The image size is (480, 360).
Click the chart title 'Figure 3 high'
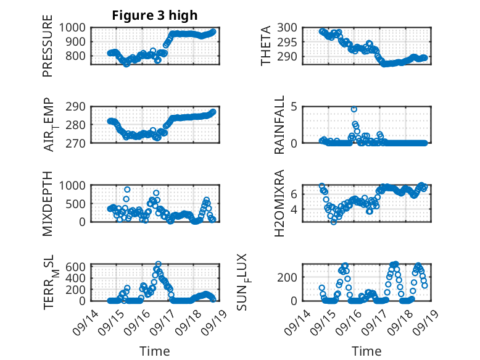pyautogui.click(x=154, y=15)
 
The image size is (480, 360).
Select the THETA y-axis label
pyautogui.click(x=266, y=46)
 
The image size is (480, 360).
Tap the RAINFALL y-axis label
pyautogui.click(x=279, y=124)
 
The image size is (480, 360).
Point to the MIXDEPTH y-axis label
pyautogui.click(x=48, y=203)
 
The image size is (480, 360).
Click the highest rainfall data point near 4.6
pyautogui.click(x=354, y=109)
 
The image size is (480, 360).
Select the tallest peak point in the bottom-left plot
pyautogui.click(x=158, y=264)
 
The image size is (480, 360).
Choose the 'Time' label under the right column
pyautogui.click(x=366, y=351)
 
